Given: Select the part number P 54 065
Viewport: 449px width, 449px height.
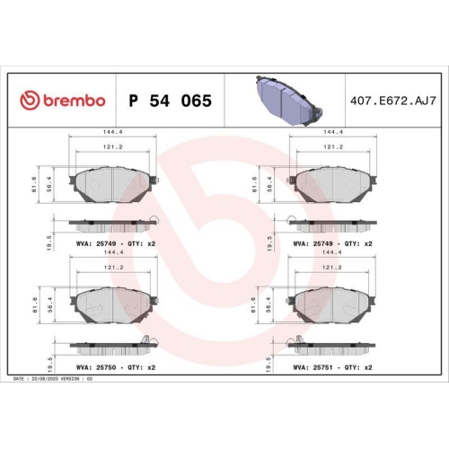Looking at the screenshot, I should coord(170,101).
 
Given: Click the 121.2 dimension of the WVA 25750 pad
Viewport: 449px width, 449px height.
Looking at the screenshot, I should coord(114,267).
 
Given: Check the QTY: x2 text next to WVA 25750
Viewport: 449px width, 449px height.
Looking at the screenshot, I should coord(143,367).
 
